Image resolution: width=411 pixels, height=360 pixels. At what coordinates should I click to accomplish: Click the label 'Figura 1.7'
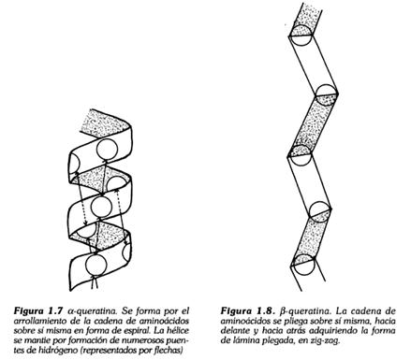pyautogui.click(x=37, y=310)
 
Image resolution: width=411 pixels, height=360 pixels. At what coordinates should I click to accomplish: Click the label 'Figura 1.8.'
pyautogui.click(x=247, y=310)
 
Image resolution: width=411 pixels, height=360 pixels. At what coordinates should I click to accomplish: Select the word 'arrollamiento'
pyautogui.click(x=36, y=321)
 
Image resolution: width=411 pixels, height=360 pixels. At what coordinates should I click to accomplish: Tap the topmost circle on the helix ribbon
pyautogui.click(x=107, y=150)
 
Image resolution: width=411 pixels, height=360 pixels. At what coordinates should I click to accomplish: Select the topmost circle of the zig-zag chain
pyautogui.click(x=301, y=35)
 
